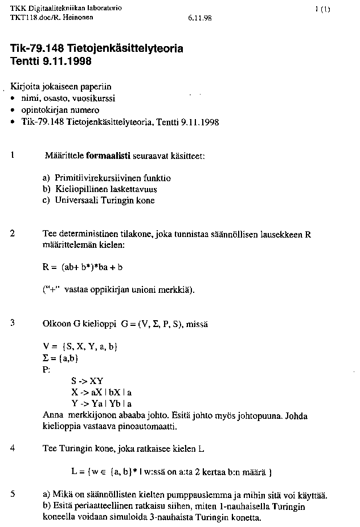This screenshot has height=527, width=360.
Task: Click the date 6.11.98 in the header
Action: tap(199, 18)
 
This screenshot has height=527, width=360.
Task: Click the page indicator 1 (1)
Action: tap(322, 9)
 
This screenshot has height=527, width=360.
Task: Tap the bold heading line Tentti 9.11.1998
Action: tap(51, 61)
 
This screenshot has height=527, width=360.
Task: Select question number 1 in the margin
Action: tap(12, 155)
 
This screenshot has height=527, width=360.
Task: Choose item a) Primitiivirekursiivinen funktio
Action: tap(107, 178)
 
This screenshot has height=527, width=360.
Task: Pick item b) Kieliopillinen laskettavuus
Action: tap(100, 189)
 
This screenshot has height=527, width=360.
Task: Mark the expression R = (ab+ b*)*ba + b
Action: tap(83, 267)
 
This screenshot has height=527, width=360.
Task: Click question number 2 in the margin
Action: tap(13, 234)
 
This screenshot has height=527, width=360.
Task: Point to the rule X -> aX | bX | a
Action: tap(101, 392)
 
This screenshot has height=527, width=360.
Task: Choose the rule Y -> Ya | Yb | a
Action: tap(101, 403)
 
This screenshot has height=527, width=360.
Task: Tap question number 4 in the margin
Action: tap(13, 448)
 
